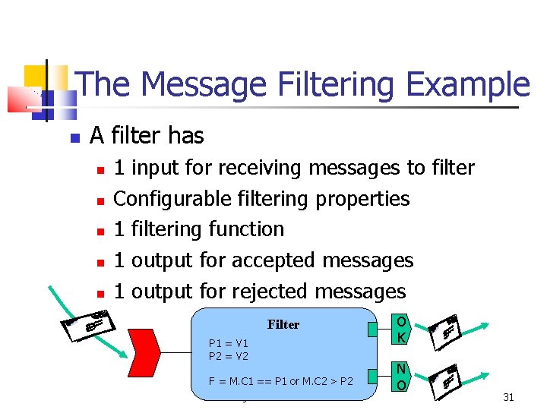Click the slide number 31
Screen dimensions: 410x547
pos(508,397)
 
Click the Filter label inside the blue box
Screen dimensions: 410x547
pos(283,324)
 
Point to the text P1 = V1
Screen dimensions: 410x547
pos(228,343)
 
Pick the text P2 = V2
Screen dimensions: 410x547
pos(228,355)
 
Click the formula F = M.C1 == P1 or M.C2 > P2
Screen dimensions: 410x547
pos(280,381)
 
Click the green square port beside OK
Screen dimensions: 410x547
pos(372,329)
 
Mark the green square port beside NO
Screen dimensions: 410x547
pos(372,377)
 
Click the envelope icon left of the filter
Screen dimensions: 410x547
pos(88,323)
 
